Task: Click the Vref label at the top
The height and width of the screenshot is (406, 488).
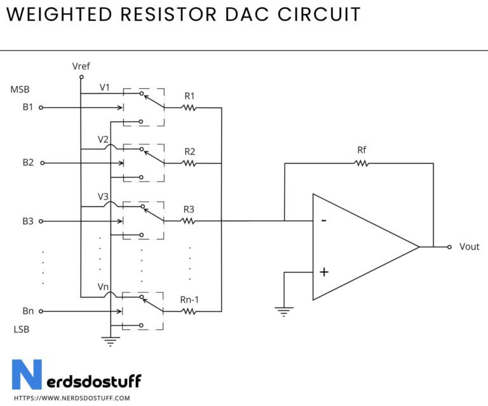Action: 82,66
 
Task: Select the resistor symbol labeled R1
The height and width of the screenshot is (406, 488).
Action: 189,107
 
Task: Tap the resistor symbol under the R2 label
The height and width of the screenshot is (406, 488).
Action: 189,163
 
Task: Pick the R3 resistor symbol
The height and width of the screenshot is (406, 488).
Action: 189,221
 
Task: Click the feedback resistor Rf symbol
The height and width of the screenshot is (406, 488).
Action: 362,163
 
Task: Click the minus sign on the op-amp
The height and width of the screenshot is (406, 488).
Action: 324,220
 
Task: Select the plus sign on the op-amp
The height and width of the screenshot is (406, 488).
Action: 324,272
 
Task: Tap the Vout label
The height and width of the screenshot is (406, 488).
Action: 469,247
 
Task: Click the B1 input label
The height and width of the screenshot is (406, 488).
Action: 27,107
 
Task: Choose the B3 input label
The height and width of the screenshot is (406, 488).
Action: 27,221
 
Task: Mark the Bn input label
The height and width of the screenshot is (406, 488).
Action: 27,311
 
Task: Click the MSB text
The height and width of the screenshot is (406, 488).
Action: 20,90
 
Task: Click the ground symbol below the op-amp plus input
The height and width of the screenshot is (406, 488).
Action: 284,311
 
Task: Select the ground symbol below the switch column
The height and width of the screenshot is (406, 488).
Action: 111,342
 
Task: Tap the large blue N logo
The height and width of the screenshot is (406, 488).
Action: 27,375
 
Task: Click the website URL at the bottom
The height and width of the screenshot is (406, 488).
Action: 71,398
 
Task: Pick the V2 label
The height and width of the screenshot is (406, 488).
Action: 103,139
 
